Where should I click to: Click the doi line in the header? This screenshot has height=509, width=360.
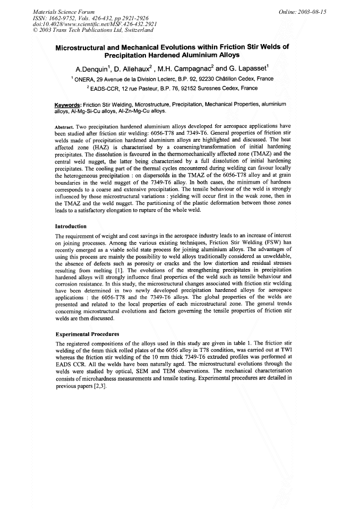(x=80, y=24)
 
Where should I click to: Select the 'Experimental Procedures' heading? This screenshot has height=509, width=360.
(x=87, y=334)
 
